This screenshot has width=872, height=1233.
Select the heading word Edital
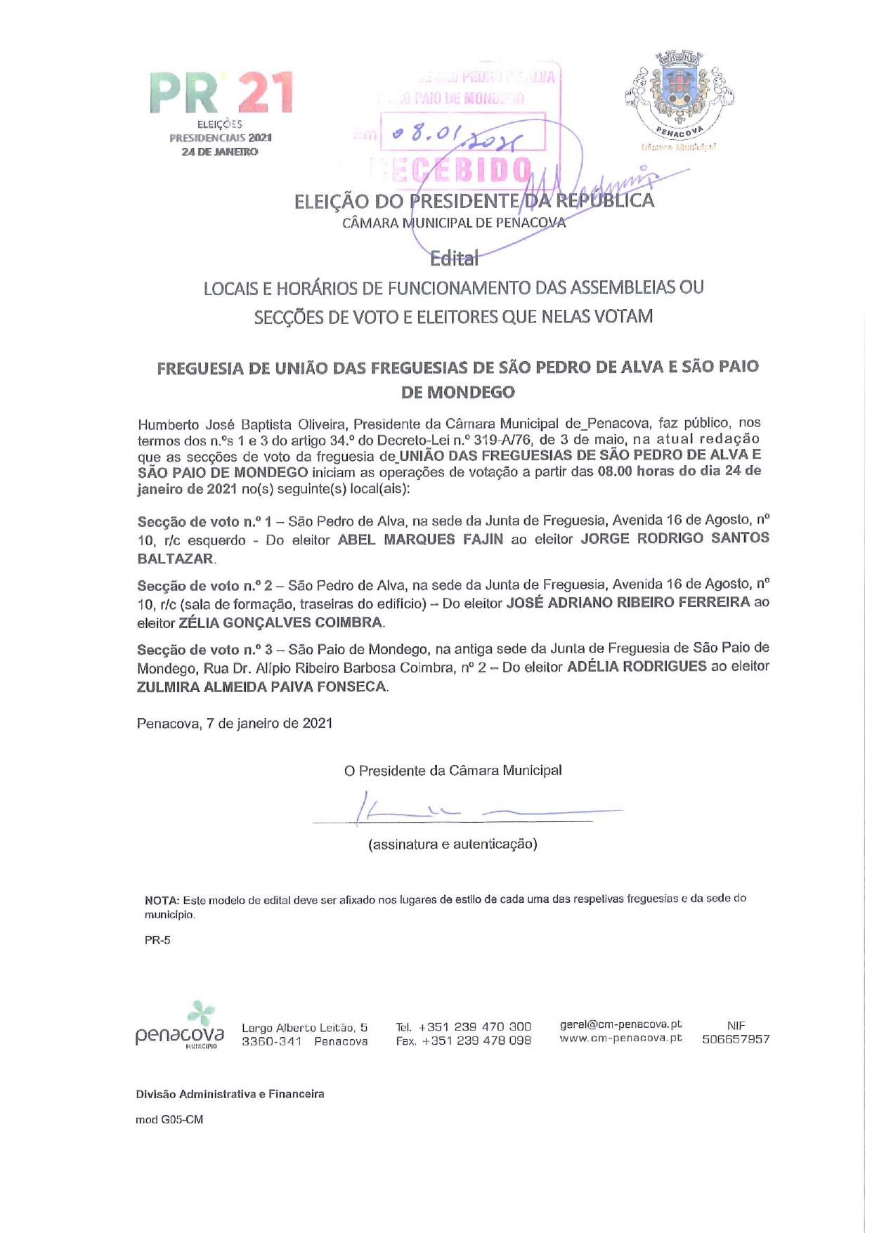click(454, 259)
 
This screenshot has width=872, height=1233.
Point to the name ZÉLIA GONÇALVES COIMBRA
click(281, 622)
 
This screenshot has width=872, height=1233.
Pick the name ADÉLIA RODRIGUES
click(637, 667)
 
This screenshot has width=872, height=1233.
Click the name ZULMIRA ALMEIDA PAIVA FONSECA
click(261, 687)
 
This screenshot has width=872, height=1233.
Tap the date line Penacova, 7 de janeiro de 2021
click(235, 724)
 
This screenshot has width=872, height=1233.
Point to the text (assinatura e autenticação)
click(453, 844)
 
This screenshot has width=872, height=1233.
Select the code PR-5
click(157, 940)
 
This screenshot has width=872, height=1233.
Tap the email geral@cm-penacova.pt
click(620, 1024)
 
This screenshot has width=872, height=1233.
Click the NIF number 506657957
click(736, 1039)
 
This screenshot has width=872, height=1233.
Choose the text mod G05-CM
click(169, 1120)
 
